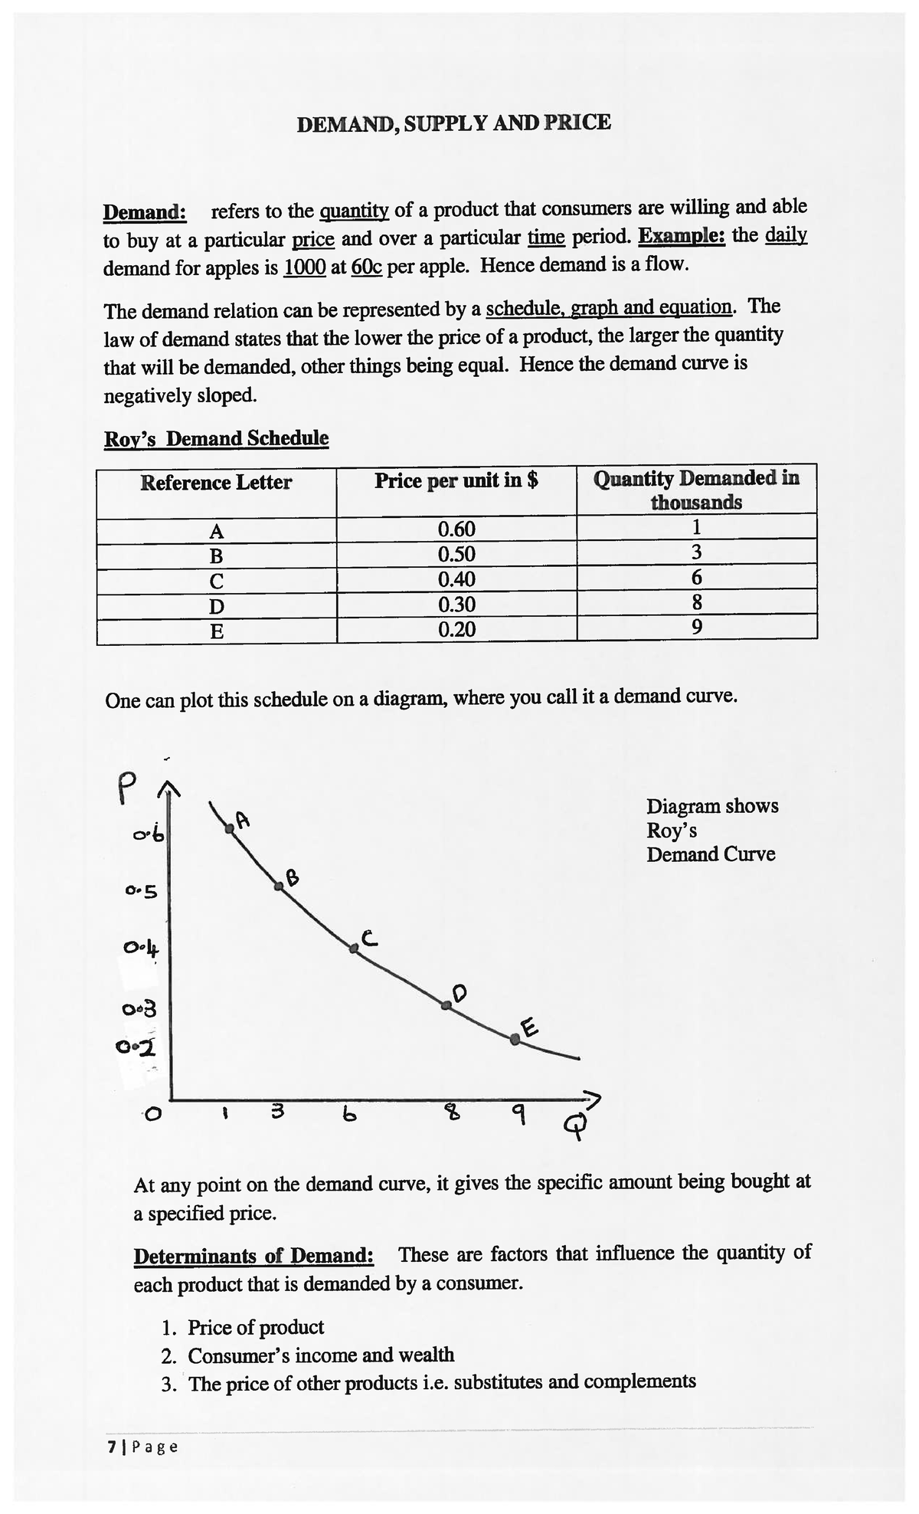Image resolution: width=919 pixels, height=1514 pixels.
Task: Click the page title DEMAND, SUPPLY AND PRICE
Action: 453,123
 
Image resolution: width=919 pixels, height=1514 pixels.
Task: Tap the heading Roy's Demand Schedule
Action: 216,439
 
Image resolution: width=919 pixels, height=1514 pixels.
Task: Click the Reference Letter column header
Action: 216,483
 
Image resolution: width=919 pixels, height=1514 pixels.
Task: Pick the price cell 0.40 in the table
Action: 456,579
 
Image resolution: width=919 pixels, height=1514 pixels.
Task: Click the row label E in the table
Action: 217,631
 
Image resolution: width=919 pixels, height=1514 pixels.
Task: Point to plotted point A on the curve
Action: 228,827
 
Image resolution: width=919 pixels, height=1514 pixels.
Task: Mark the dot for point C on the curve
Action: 354,949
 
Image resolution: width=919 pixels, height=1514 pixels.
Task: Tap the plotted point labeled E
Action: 515,1039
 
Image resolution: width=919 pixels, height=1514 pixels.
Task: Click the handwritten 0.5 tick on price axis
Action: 142,892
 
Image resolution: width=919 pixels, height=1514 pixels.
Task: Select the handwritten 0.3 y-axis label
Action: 139,1008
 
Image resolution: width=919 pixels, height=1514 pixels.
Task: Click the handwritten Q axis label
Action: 573,1125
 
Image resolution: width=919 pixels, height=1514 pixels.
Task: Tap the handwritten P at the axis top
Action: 128,788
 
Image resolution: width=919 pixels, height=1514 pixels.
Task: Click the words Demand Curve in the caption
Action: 710,854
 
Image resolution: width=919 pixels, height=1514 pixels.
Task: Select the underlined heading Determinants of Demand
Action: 253,1257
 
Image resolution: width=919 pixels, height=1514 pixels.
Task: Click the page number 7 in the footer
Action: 113,1447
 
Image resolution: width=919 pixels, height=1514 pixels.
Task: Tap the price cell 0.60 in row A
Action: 456,529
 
